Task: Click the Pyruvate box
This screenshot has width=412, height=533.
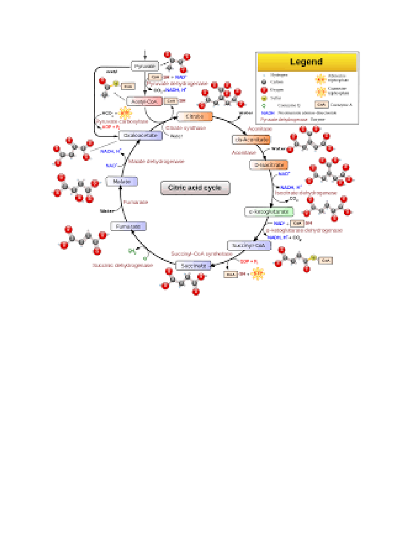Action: (145, 66)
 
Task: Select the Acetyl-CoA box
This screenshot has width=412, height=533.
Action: (144, 102)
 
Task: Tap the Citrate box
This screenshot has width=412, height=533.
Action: (195, 117)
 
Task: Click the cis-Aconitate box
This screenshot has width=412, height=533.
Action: (251, 140)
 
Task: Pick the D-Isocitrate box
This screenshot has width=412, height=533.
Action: (268, 165)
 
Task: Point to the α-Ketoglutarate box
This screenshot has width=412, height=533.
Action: (269, 212)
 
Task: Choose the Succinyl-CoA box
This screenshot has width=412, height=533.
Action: (249, 245)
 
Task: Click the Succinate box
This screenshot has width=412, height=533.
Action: (193, 266)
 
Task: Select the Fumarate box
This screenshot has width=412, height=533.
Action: (128, 227)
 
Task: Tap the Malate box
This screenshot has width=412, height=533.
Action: (122, 182)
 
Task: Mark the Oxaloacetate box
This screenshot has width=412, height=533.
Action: (140, 136)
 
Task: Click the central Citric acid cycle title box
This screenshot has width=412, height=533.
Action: (195, 188)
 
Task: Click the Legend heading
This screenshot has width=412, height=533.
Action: (307, 62)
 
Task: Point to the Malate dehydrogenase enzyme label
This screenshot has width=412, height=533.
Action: (156, 161)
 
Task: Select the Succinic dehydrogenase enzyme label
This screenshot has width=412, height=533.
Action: (123, 265)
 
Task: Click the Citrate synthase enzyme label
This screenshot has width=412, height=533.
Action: (186, 128)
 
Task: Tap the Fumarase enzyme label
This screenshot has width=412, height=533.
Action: (136, 202)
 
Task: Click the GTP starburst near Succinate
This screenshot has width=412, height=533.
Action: (258, 274)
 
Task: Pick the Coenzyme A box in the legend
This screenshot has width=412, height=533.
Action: (321, 104)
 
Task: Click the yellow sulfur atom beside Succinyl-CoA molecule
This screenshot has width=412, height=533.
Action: (313, 258)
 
